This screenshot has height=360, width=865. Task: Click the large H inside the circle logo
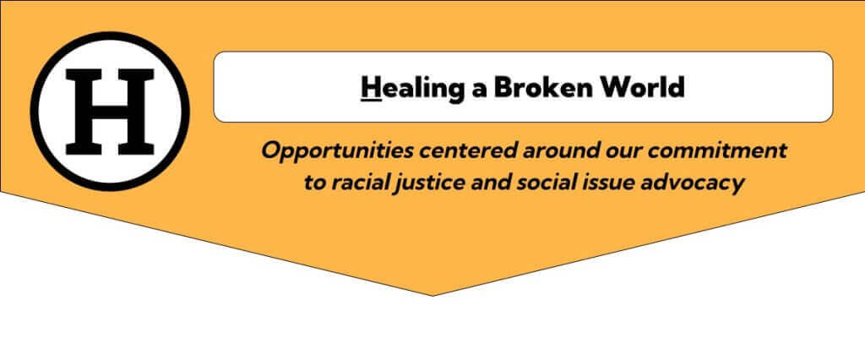(x=110, y=112)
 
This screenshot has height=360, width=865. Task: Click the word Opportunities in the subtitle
(x=336, y=151)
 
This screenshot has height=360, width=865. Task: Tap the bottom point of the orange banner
(x=433, y=296)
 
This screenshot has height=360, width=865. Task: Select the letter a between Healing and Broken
(x=480, y=90)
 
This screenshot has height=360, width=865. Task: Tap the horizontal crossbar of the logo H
(x=110, y=111)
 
